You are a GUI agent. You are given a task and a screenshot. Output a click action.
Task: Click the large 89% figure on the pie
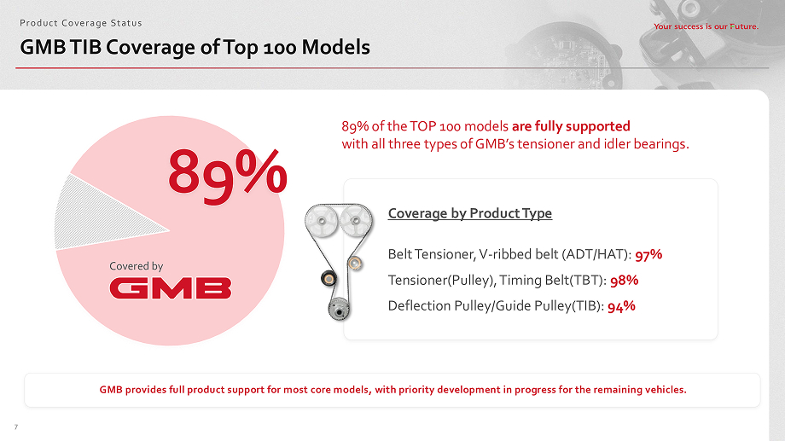tap(227, 175)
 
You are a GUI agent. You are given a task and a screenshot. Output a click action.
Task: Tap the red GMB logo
tap(171, 289)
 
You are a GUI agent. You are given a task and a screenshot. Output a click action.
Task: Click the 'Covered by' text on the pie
tap(137, 266)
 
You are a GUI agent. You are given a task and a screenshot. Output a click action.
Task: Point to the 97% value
tap(648, 255)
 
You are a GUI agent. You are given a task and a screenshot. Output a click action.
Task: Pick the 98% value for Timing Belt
tap(625, 281)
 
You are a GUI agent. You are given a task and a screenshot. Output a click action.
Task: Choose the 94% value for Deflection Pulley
tap(621, 306)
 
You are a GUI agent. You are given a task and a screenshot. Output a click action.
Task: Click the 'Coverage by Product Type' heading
tap(469, 214)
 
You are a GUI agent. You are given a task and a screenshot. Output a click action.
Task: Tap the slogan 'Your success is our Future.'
tap(706, 26)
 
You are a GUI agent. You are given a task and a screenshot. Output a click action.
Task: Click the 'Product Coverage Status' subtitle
tap(80, 23)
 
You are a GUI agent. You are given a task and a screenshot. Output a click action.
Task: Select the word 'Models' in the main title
tap(336, 48)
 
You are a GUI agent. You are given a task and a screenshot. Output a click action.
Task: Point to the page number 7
tap(16, 427)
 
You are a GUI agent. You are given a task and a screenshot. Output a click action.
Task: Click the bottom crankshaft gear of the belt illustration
tap(339, 310)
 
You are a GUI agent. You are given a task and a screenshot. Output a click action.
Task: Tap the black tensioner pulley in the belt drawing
tap(329, 278)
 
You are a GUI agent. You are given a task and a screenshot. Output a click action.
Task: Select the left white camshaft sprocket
tap(321, 221)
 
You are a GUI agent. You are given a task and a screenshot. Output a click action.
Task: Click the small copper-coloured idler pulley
tap(355, 263)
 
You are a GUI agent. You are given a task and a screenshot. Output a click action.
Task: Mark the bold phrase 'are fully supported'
tap(571, 126)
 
